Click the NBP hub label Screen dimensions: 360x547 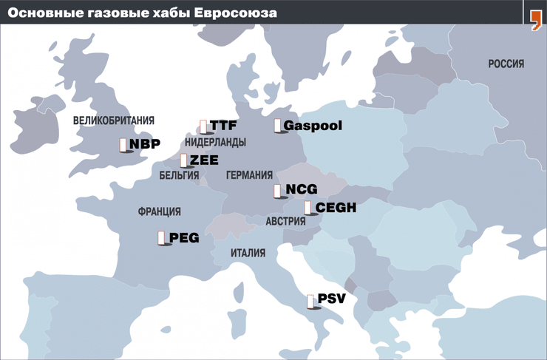pos(145,144)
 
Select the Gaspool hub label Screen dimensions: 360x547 pos(313,126)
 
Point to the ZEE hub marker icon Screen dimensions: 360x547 pos(184,160)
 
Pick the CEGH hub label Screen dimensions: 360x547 pos(336,208)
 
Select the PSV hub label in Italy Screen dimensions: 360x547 pos(331,299)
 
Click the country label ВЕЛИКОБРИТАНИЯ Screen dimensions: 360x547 pos(113,120)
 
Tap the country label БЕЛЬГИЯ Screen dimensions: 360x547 pos(179,176)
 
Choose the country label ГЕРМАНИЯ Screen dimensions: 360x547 pos(249,176)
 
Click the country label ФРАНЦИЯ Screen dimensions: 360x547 pos(159,211)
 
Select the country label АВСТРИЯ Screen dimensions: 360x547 pos(285,221)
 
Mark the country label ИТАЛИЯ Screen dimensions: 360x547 pos(248,253)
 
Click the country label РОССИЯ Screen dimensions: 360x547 pos(506,64)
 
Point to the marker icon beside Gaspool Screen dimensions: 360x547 pos(278,126)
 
